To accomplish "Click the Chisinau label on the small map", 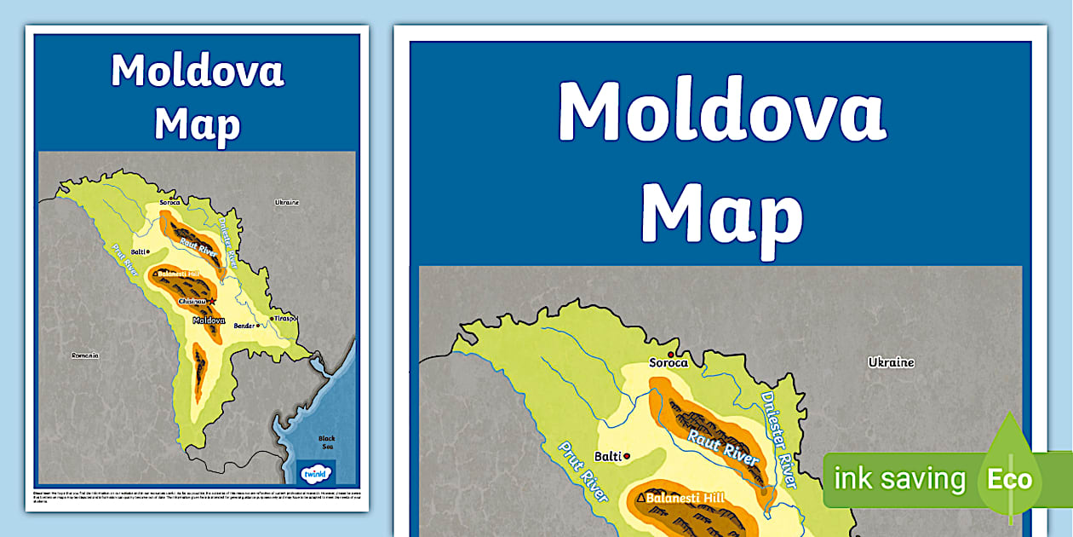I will pyautogui.click(x=192, y=301).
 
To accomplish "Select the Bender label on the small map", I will pyautogui.click(x=244, y=326).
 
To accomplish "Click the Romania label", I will pyautogui.click(x=85, y=355).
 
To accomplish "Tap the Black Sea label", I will pyautogui.click(x=327, y=443).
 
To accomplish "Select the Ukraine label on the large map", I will pyautogui.click(x=891, y=362).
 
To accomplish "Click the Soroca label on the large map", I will pyautogui.click(x=668, y=363).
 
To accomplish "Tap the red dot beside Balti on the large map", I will pyautogui.click(x=628, y=457).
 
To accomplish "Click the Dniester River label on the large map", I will pyautogui.click(x=778, y=440).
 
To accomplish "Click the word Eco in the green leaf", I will pyautogui.click(x=1009, y=479).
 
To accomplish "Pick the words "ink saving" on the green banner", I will pyautogui.click(x=899, y=479).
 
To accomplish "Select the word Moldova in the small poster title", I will pyautogui.click(x=197, y=72).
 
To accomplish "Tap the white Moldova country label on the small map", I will pyautogui.click(x=208, y=320).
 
